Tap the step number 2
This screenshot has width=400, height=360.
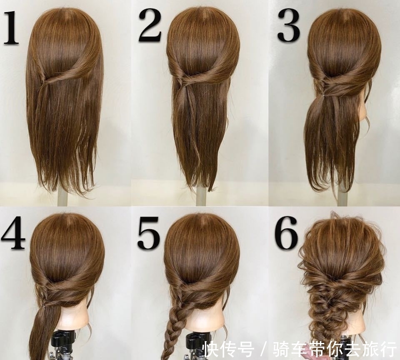tap(150, 25)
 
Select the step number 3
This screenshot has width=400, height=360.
tap(288, 25)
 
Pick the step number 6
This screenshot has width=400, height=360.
tap(286, 233)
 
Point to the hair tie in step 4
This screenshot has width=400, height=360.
tap(45, 305)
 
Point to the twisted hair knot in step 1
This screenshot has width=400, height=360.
tap(47, 80)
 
